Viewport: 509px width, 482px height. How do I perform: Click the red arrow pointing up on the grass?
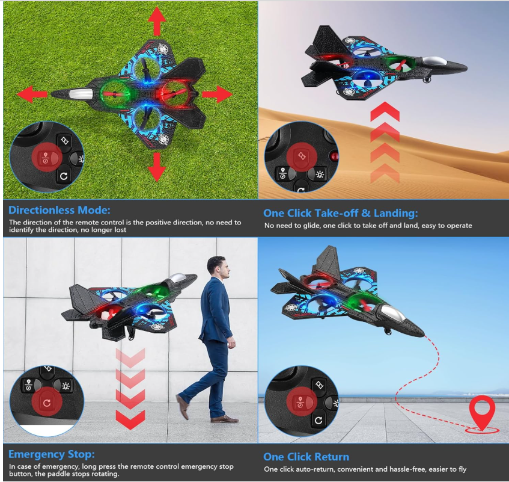click(157, 21)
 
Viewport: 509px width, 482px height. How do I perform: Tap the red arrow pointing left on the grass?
click(32, 94)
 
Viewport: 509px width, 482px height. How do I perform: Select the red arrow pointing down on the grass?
click(157, 167)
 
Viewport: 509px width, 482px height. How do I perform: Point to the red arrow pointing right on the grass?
click(217, 94)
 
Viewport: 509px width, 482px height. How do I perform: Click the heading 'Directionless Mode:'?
click(59, 210)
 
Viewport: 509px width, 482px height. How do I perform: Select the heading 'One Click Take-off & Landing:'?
click(341, 213)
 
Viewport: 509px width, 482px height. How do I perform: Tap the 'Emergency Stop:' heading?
click(52, 454)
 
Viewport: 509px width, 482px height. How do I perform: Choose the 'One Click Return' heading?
click(306, 457)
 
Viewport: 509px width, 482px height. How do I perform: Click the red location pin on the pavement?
click(483, 412)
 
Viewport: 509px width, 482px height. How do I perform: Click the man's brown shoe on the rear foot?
click(183, 406)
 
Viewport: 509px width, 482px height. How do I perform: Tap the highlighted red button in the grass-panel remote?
click(47, 157)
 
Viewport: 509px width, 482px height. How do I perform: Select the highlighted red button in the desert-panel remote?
click(302, 156)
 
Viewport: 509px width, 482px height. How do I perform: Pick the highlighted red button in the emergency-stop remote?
click(47, 403)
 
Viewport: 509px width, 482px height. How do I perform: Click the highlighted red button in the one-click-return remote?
click(302, 402)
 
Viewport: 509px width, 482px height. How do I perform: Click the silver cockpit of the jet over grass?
click(81, 94)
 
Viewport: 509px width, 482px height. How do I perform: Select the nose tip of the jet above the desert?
click(466, 68)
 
